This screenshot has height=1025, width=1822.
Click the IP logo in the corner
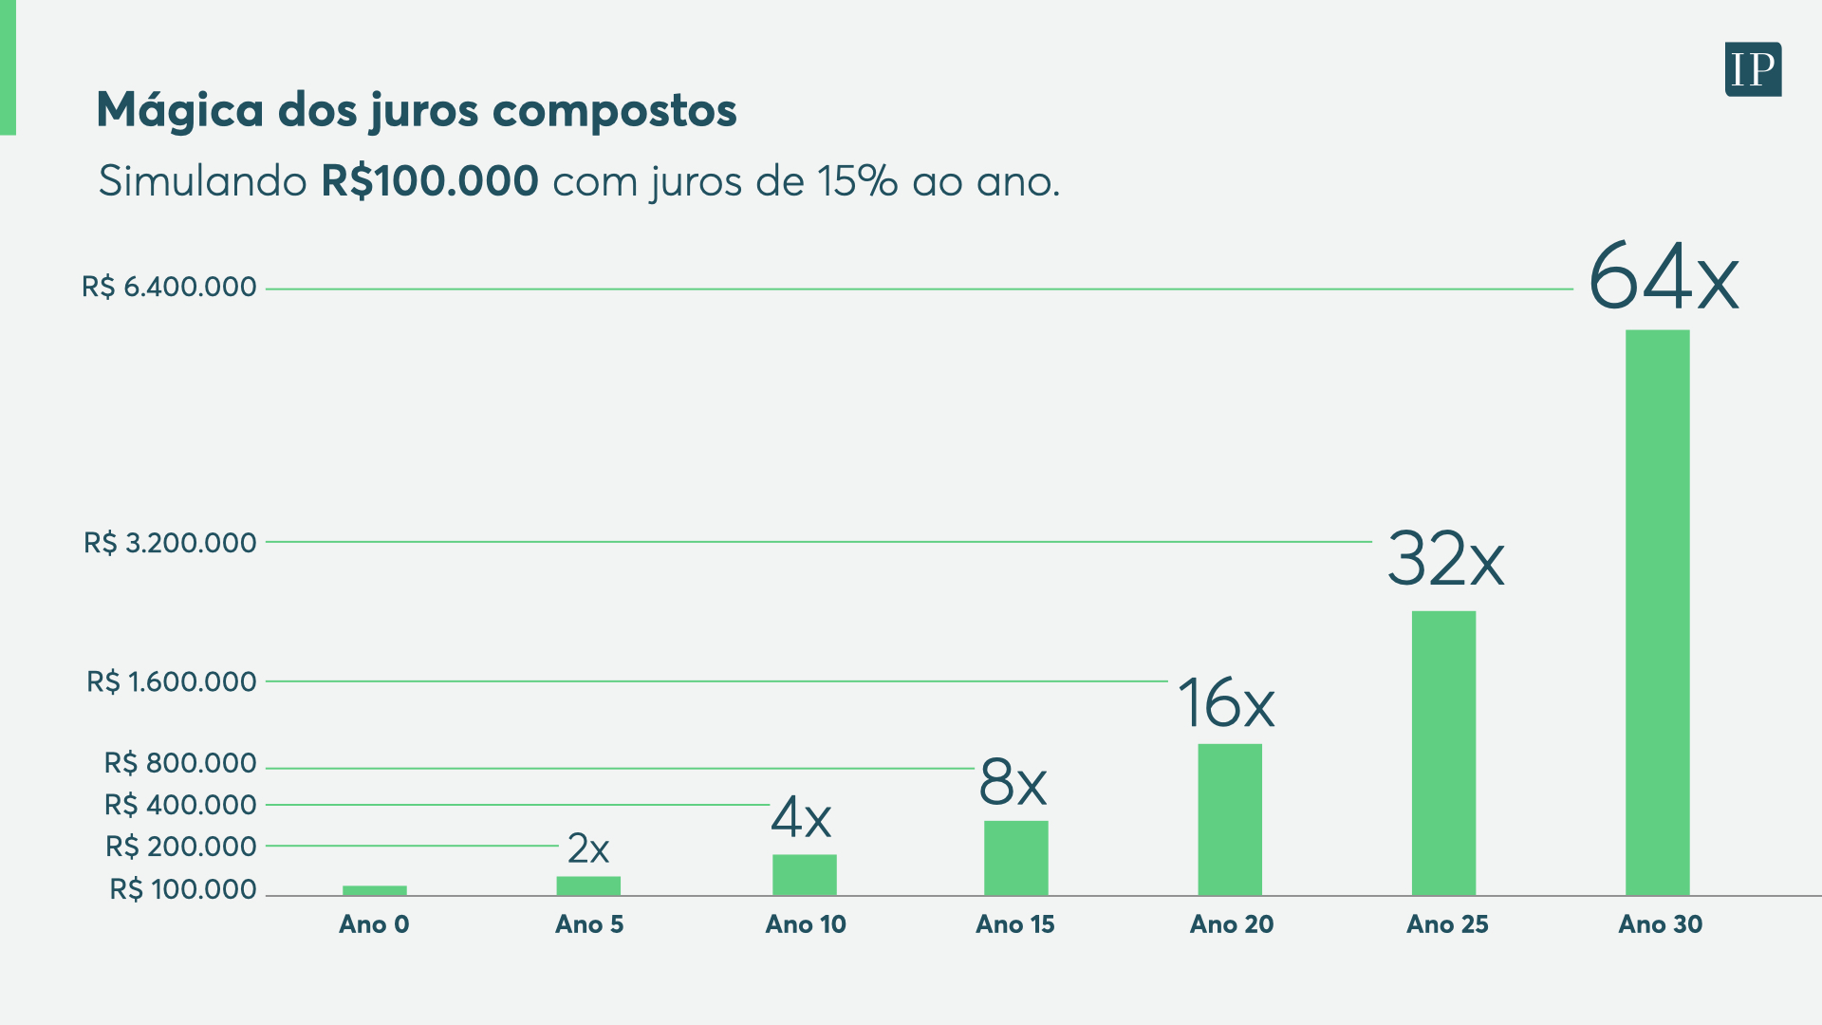1753,69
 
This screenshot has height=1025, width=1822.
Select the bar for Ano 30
1657,612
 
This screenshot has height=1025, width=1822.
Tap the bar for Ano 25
1443,753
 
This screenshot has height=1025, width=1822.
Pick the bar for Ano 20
1230,819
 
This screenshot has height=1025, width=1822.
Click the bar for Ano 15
1015,858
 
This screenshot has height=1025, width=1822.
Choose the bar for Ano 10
804,875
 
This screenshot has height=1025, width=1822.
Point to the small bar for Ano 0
374,890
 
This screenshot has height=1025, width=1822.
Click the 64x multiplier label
1664,277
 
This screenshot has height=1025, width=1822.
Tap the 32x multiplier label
1445,559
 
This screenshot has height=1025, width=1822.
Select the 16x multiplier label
1226,703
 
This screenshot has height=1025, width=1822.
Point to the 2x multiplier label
588,848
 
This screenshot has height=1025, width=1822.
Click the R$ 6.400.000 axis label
169,287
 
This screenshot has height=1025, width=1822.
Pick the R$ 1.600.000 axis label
171,681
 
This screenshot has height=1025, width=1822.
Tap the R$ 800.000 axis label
180,763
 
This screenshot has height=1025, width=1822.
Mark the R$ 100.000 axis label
183,889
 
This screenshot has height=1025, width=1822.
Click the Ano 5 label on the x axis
589,924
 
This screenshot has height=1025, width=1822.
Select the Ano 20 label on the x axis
1232,924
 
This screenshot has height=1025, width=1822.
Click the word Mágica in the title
180,110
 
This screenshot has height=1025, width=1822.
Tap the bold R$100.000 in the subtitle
430,180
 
